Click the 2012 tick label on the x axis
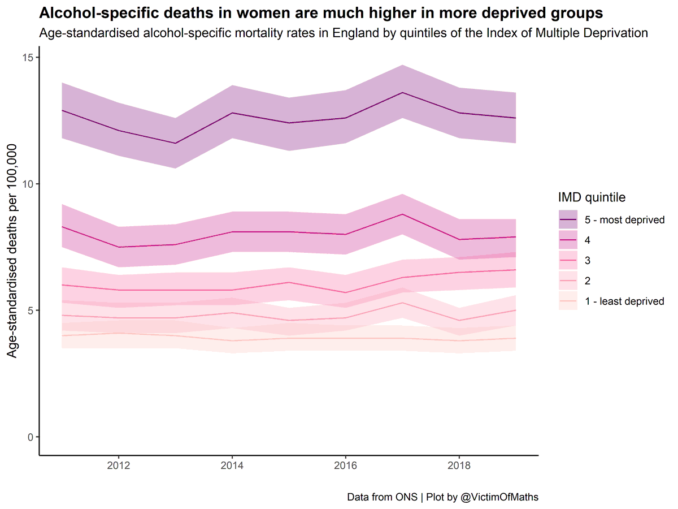118,467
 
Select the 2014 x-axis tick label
232,467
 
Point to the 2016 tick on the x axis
345,467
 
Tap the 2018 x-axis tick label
459,467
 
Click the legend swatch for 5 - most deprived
568,219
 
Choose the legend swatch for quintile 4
568,240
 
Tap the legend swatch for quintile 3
568,260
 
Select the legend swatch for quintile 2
568,281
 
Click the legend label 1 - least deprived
624,301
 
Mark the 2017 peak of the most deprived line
402,92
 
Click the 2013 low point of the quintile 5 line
175,143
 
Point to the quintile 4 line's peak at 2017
402,214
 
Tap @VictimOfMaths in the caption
499,497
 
